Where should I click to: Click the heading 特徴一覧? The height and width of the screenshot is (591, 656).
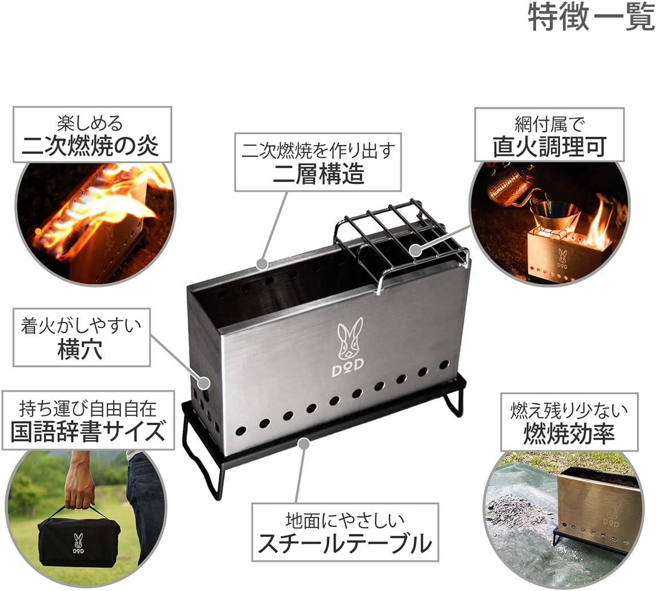590,18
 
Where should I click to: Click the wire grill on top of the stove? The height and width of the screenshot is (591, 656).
400,234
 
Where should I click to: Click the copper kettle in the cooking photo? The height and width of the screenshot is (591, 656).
505,183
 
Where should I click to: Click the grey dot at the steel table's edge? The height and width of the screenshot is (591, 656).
305,442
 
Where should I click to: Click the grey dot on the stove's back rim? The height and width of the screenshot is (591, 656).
261,264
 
